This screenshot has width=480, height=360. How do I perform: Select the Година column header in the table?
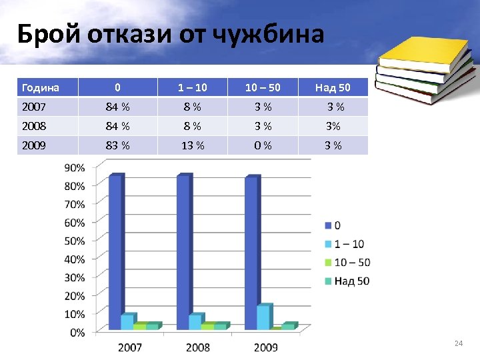point(41,87)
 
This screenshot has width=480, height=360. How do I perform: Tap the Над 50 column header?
point(333,87)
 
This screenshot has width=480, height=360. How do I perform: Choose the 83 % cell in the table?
point(118,145)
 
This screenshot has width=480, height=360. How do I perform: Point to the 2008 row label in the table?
point(34,126)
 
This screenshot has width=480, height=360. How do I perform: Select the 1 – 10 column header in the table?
point(192,87)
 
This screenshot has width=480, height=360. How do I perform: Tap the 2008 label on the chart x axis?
point(198,347)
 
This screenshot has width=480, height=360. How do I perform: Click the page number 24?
point(457,343)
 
